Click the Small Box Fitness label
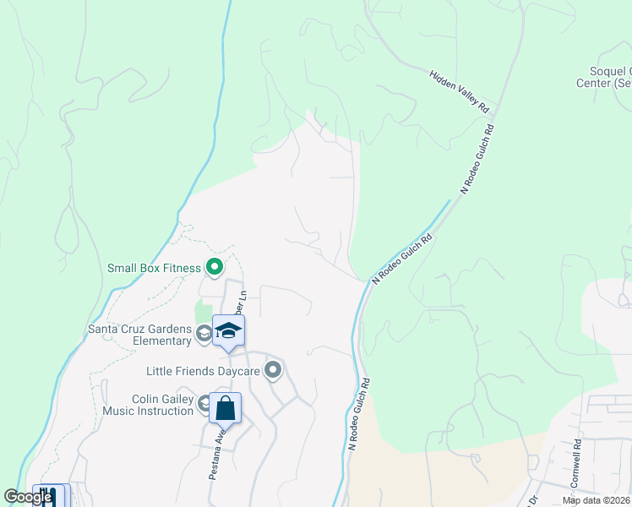(154, 269)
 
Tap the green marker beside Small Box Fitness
(215, 269)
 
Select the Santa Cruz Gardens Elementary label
(140, 335)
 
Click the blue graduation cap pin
(228, 331)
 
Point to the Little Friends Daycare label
(203, 370)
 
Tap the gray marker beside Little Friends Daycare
(273, 370)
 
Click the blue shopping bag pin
(225, 410)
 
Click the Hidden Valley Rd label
(460, 92)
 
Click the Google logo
(27, 497)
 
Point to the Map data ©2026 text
(597, 500)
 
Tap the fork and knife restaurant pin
(48, 496)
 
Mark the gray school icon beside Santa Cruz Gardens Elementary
(204, 335)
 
